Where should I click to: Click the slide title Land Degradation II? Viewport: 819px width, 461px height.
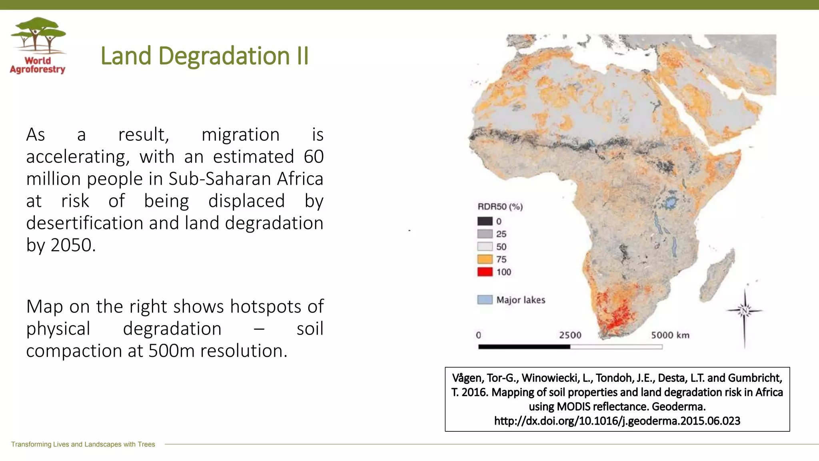click(x=204, y=56)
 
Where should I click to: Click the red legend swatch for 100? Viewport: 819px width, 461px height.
click(x=485, y=272)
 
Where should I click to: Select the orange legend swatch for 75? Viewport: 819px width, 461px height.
click(x=485, y=259)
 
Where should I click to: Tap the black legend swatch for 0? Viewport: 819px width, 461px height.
click(x=485, y=221)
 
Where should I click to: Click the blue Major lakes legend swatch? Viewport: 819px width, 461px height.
click(x=485, y=300)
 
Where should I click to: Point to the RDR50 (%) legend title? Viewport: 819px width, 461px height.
click(x=500, y=207)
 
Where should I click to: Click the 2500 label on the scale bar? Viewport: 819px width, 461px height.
click(x=570, y=335)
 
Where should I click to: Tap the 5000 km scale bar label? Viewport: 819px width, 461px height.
click(x=670, y=335)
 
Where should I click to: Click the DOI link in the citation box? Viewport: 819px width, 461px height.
click(x=617, y=421)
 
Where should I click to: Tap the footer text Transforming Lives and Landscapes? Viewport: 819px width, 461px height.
click(x=83, y=444)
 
